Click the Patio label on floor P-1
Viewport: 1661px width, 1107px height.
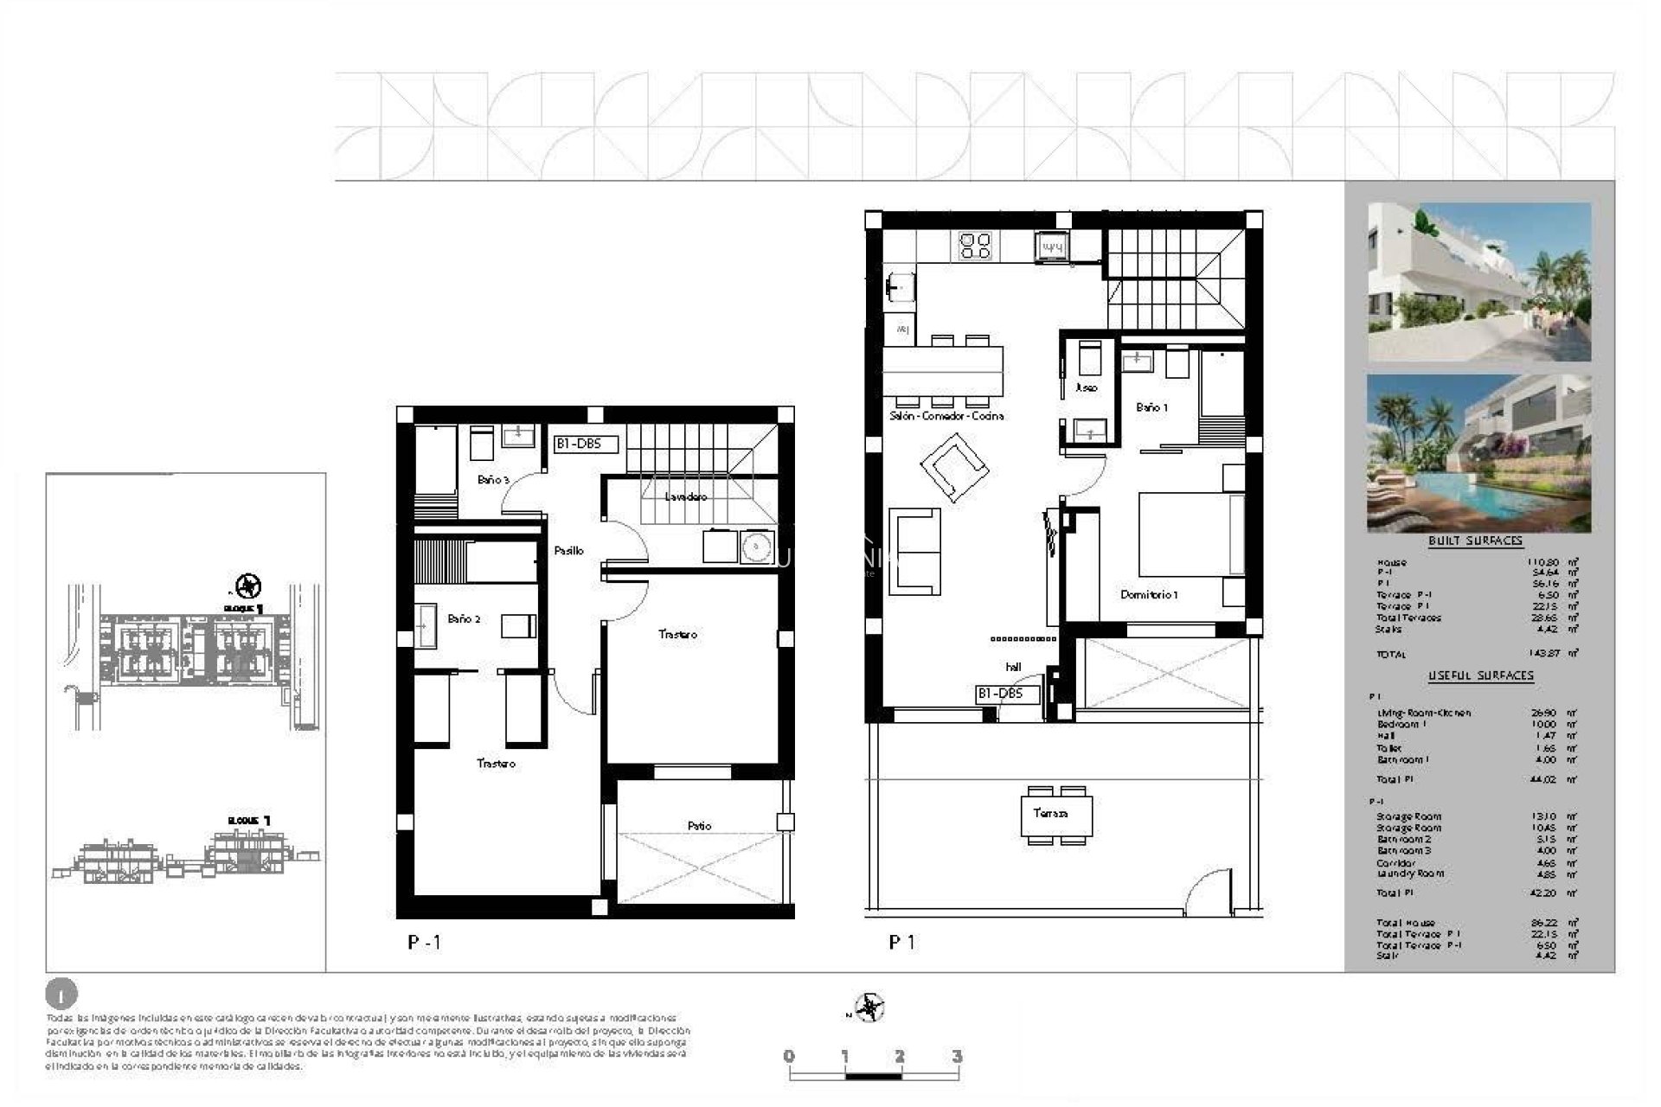[699, 826]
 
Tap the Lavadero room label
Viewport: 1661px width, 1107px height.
[685, 497]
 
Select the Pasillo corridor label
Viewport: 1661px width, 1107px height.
[568, 551]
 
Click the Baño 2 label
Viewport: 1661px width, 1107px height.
[464, 619]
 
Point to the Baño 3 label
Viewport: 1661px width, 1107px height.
[493, 480]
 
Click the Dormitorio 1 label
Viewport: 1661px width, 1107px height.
[1149, 595]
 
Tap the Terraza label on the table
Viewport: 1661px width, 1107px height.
[1050, 814]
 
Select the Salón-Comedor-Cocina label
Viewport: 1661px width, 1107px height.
[946, 416]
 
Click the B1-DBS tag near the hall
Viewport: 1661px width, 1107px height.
[999, 694]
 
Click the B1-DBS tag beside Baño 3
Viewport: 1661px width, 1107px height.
[586, 445]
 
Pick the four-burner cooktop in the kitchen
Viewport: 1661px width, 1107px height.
[976, 246]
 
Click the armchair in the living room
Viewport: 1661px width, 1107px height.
[954, 467]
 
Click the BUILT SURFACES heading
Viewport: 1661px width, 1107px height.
[1475, 541]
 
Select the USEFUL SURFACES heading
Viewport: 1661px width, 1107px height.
[1480, 675]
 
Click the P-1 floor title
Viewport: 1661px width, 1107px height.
[424, 943]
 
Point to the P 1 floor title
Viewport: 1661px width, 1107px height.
[901, 943]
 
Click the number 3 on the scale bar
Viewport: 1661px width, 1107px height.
[956, 1057]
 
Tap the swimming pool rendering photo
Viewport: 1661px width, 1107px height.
[1478, 453]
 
